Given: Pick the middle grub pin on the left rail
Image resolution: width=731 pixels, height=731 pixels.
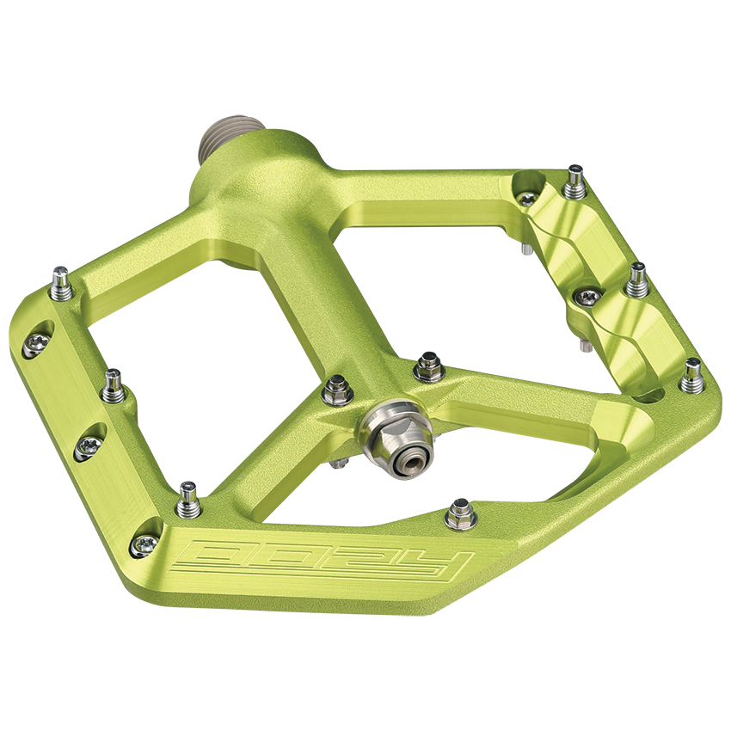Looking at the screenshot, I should [x=112, y=387].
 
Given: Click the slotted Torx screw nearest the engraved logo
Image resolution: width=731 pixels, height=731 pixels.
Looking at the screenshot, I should [x=144, y=544].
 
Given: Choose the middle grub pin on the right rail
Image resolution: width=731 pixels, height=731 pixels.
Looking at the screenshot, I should [x=636, y=279].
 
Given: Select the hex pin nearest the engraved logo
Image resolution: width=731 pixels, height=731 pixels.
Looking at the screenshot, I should [x=459, y=516].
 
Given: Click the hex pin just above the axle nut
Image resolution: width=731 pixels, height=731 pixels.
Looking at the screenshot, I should [x=428, y=367].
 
